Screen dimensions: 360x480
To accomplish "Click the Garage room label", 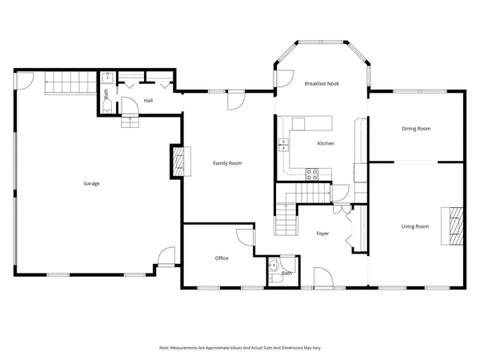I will (91, 183).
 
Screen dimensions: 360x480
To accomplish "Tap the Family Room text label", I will (226, 163).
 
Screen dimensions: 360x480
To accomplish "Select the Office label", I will (222, 258).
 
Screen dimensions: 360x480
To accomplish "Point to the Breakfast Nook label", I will (322, 83).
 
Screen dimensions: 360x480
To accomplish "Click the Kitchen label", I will (326, 143).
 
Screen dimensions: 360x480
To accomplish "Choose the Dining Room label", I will (416, 128).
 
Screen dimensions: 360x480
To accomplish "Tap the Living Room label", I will (414, 226).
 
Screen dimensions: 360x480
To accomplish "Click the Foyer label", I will (322, 234).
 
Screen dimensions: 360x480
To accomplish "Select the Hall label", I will (148, 101).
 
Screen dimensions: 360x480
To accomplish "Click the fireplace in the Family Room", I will (183, 162).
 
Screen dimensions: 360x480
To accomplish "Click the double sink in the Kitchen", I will (282, 144).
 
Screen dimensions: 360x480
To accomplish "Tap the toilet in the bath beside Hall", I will (106, 80).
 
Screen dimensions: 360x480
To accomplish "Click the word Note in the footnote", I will (164, 348).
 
